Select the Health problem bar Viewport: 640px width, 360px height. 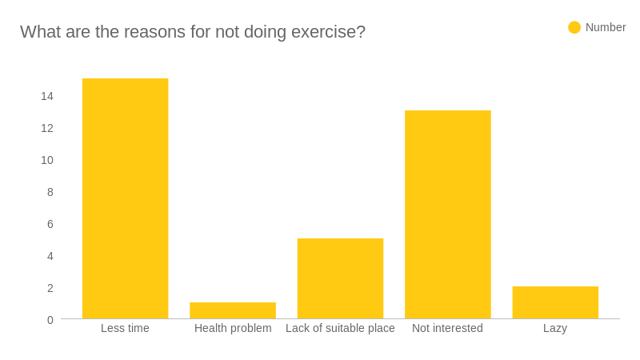point(233,310)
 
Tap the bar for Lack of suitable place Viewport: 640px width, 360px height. point(340,278)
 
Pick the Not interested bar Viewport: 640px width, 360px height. point(447,214)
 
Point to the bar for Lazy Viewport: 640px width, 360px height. point(555,302)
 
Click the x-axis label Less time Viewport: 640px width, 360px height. point(125,328)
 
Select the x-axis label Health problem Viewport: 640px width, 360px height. point(233,328)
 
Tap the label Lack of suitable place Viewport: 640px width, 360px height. point(340,328)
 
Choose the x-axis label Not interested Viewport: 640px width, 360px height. point(447,328)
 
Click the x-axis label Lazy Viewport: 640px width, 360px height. point(555,328)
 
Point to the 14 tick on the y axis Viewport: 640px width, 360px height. point(47,96)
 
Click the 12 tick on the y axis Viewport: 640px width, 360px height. point(47,128)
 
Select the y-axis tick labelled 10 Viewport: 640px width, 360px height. point(47,160)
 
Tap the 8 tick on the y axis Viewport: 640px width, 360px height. point(50,192)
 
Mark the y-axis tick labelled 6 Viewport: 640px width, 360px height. point(50,224)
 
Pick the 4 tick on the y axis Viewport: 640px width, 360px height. point(50,256)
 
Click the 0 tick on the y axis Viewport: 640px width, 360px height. point(50,320)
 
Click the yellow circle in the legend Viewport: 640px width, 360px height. point(574,27)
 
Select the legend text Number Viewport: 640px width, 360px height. point(606,27)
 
